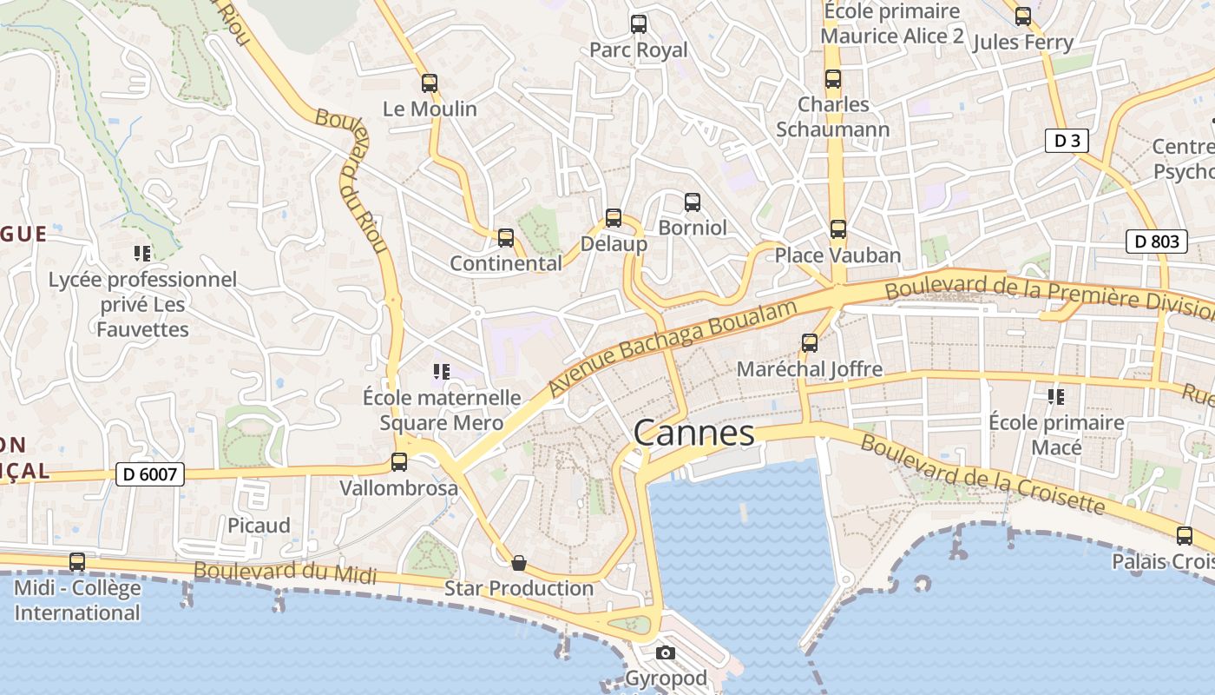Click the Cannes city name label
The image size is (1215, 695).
point(693,433)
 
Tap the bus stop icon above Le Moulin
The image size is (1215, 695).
point(430,83)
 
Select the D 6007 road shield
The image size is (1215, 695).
point(149,474)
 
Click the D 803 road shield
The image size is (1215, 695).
point(1156,242)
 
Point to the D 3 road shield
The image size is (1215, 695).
point(1066,141)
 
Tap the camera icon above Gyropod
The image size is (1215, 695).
point(665,652)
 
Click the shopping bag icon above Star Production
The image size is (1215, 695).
point(519,563)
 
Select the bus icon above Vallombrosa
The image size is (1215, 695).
point(399,462)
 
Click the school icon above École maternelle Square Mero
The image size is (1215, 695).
point(441,372)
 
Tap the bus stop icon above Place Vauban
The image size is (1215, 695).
point(837,229)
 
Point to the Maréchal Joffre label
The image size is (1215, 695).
point(809,369)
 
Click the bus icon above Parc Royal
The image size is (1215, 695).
point(639,24)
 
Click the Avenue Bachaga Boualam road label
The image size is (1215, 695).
point(673,347)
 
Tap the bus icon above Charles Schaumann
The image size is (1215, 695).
point(833,80)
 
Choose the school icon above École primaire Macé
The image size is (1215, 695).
point(1056,397)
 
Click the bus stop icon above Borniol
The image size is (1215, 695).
point(693,202)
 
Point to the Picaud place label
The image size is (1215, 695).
point(259,526)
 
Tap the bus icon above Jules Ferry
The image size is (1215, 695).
point(1023,17)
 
